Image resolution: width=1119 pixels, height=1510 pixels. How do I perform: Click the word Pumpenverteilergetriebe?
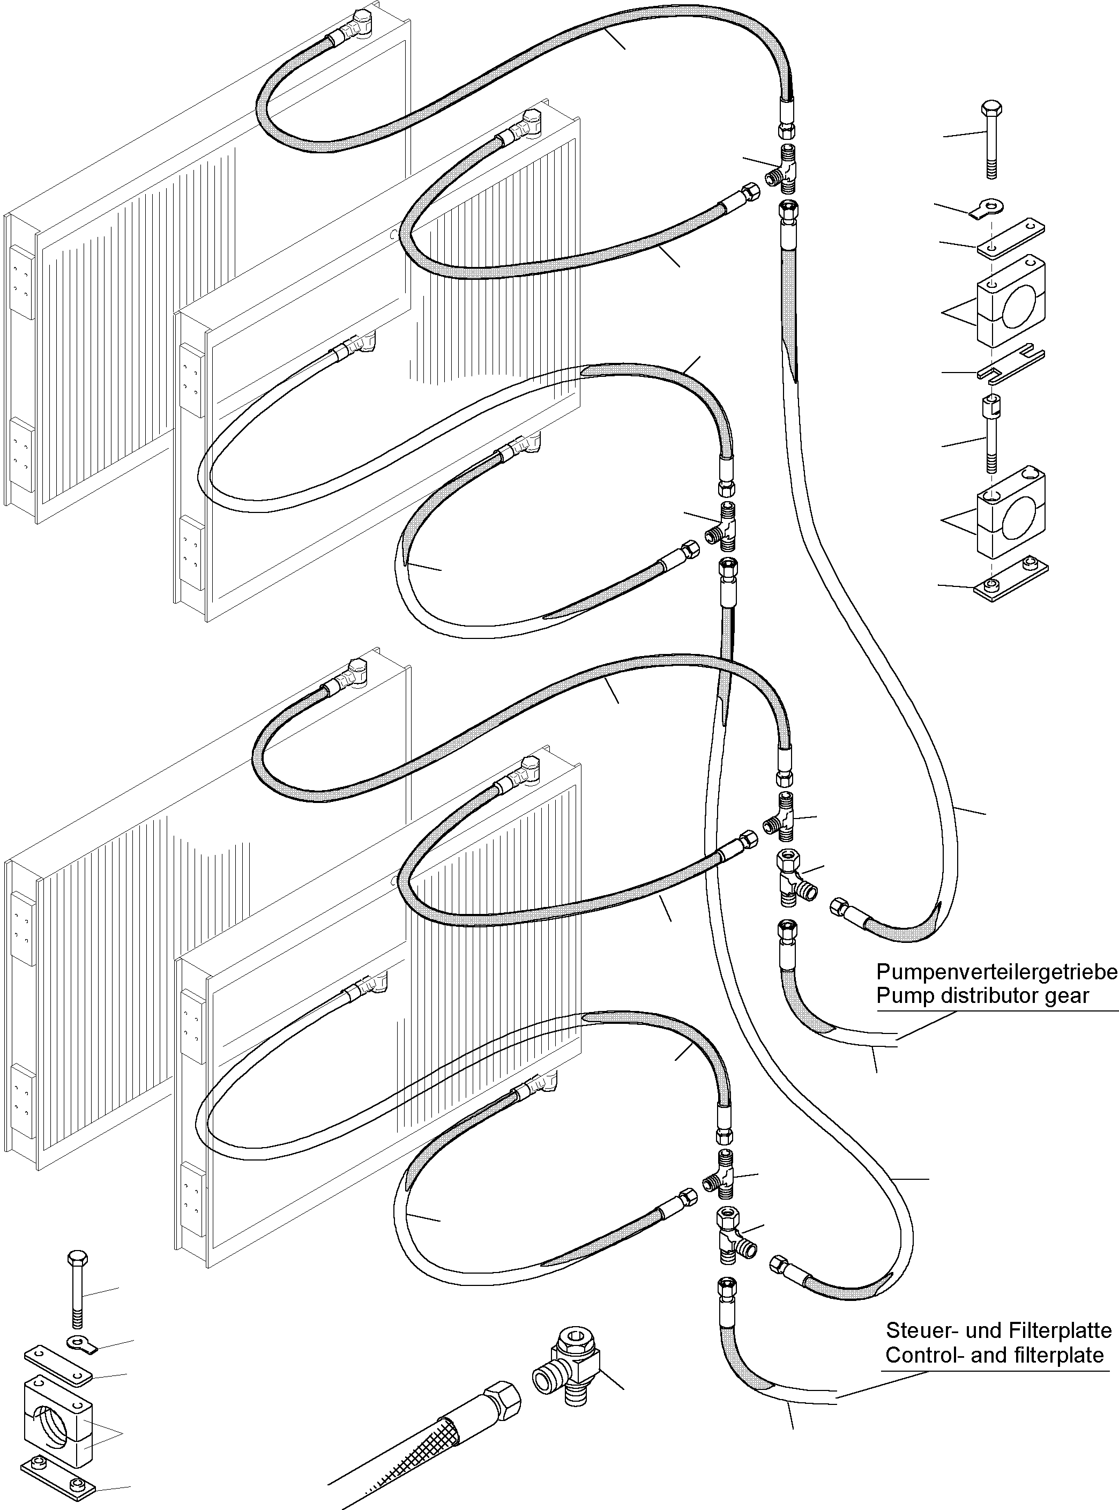click(997, 973)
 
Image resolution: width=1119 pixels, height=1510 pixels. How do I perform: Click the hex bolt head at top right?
click(991, 109)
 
